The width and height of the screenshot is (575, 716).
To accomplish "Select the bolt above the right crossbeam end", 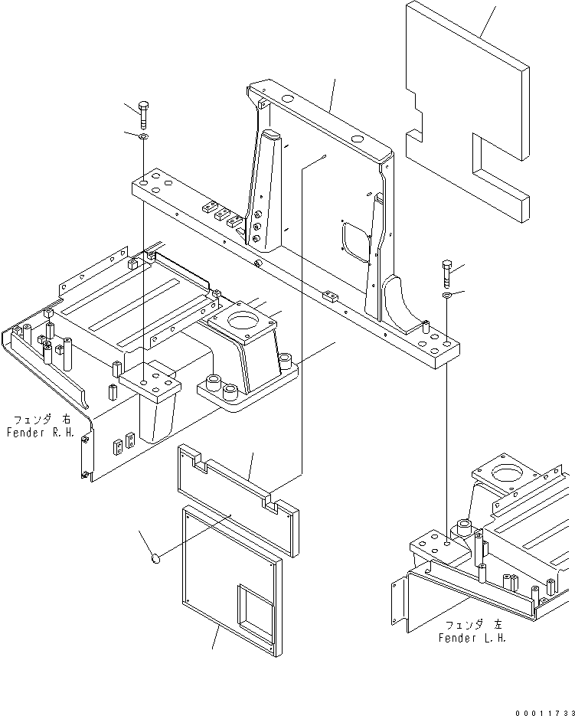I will [447, 273].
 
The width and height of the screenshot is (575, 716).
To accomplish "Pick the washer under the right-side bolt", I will [447, 294].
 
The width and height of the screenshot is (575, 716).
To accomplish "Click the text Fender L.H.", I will [472, 637].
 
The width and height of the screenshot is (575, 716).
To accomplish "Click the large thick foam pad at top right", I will [467, 115].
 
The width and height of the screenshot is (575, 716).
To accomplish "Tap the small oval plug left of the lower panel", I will [156, 560].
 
